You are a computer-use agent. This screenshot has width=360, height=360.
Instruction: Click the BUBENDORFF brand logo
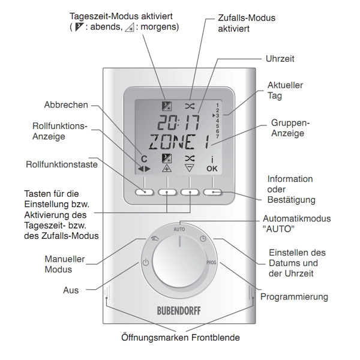179,311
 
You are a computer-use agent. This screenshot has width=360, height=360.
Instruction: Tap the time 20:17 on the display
179,122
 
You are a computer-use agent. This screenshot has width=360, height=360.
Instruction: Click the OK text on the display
212,169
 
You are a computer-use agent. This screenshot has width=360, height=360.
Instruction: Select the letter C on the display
144,159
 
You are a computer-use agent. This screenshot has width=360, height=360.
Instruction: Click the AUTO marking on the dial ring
179,229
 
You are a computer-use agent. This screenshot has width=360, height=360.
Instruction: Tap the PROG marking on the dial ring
211,262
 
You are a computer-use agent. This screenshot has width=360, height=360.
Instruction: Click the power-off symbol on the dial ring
146,262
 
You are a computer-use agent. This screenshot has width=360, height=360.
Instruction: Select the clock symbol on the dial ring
203,239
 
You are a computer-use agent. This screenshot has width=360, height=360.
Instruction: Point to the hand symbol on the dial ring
155,239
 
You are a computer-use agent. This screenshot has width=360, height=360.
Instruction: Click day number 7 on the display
217,137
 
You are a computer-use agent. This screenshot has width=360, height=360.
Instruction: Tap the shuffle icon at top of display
190,106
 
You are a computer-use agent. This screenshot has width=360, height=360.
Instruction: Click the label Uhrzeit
280,59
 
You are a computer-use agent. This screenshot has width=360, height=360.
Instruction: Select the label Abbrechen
66,104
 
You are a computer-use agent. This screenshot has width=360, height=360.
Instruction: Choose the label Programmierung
294,297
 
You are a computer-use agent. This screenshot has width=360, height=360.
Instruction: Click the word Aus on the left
71,290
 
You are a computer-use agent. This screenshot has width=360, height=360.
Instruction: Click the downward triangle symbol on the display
190,168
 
